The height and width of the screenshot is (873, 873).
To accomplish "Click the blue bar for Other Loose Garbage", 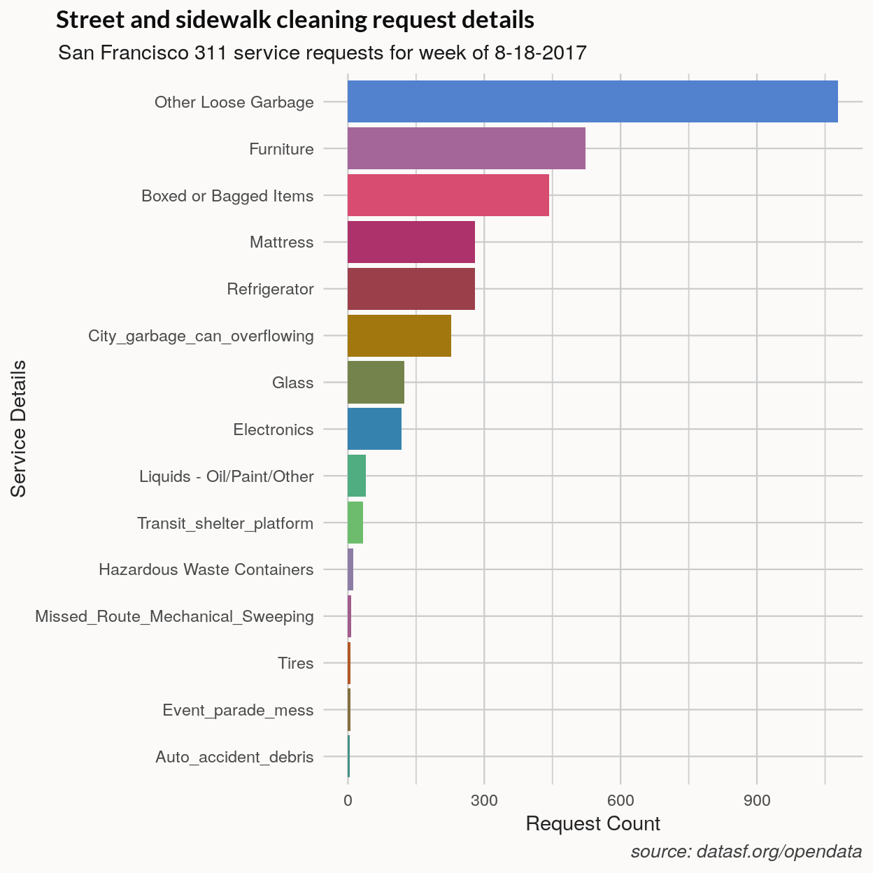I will [x=592, y=101].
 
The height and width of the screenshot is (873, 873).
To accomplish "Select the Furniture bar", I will [x=466, y=148].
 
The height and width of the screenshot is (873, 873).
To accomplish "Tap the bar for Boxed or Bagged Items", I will [x=448, y=195].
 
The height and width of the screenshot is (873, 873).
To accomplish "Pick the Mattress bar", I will [x=411, y=242].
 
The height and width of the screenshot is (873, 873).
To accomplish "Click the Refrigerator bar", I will [x=411, y=289].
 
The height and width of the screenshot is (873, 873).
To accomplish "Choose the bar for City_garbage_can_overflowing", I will [x=399, y=336].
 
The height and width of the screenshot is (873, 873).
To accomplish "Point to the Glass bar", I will [x=376, y=383].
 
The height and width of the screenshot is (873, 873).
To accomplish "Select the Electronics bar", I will [x=374, y=429].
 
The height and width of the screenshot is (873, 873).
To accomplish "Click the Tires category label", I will [x=295, y=663].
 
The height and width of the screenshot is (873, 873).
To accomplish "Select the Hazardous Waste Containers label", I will [x=206, y=569].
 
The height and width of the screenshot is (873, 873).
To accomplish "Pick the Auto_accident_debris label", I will [x=234, y=757].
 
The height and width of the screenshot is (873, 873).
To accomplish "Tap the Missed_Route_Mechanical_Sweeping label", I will [x=174, y=616].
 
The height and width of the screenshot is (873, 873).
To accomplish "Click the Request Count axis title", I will [x=592, y=824].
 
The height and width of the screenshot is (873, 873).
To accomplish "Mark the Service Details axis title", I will [x=19, y=428].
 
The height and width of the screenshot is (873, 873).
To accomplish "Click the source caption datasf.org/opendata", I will [x=746, y=851].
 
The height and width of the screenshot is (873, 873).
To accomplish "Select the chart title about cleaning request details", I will [x=294, y=20].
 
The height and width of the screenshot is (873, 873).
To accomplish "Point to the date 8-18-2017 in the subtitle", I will [x=540, y=53].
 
